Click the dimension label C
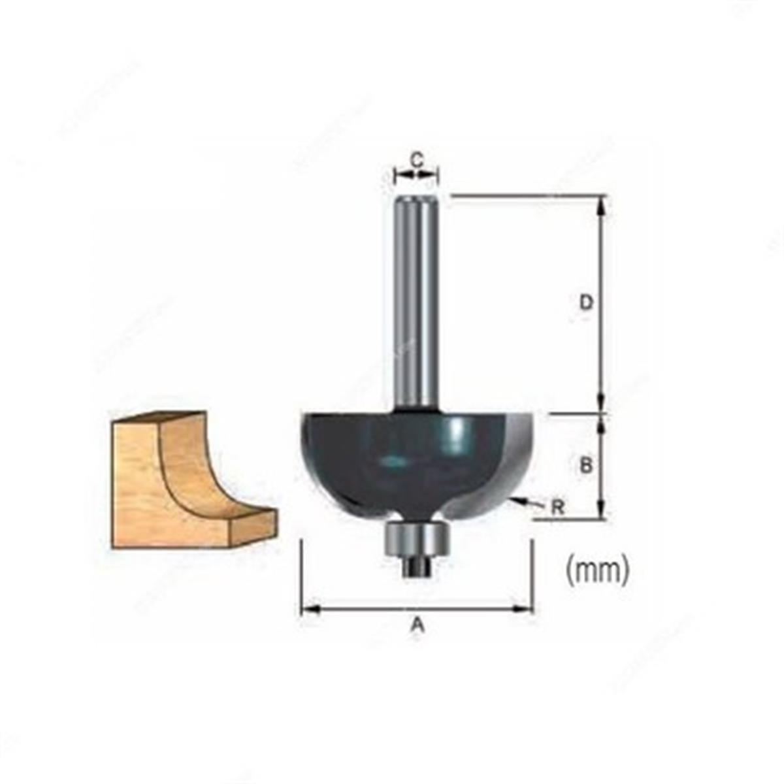point(417,158)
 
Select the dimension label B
point(586,465)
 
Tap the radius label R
point(557,508)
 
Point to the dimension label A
point(417,626)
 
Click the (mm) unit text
point(597,570)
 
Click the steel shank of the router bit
point(416,301)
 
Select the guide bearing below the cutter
point(416,537)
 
